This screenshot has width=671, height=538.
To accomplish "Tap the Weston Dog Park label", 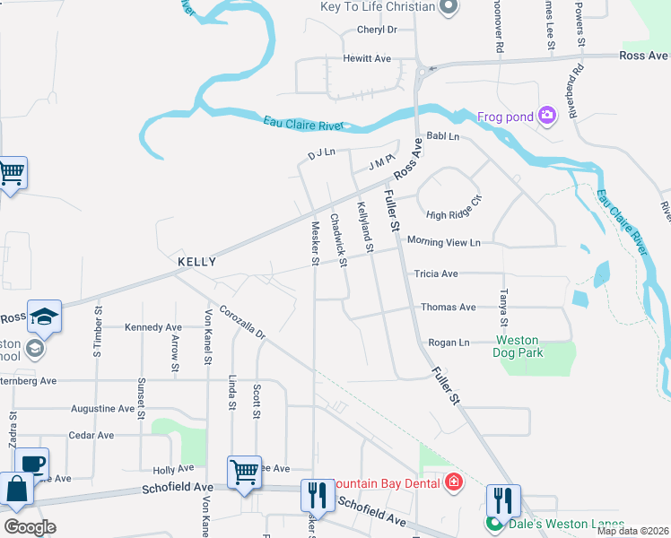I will click(518, 347).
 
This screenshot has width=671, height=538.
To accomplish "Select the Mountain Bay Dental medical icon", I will click(454, 483).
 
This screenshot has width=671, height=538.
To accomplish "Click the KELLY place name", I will click(196, 262).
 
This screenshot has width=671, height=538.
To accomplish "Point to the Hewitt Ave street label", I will click(367, 58).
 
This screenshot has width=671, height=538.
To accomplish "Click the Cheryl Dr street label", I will click(377, 30).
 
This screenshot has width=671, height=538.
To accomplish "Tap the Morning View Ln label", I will click(444, 242).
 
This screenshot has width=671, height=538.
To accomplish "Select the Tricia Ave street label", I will click(436, 273).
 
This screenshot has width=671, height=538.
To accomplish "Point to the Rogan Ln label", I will click(449, 343).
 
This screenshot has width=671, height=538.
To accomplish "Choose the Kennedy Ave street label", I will click(153, 327).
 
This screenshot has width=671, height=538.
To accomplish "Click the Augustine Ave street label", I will click(102, 409).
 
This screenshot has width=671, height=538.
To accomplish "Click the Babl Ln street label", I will click(442, 136).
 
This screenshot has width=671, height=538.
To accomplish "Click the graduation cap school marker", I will click(44, 317).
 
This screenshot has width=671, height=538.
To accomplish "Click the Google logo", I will click(30, 527).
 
